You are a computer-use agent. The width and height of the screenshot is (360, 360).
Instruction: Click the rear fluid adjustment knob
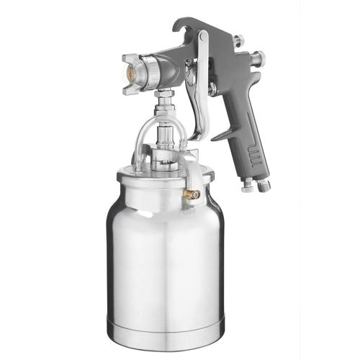coord(258,59)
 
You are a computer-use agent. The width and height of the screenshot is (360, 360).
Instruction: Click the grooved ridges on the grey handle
coord(255,154)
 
